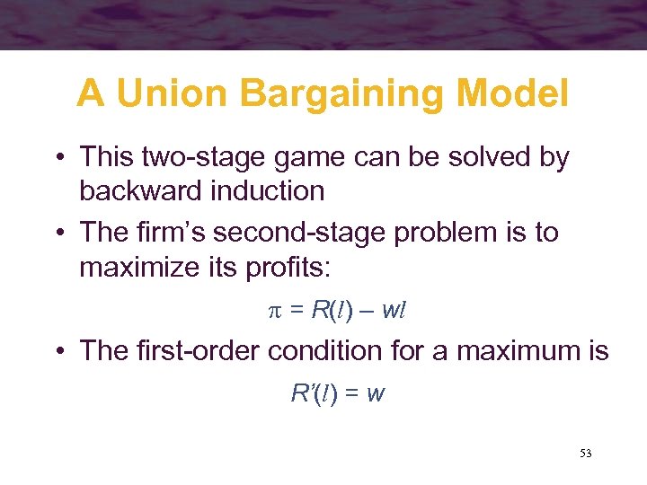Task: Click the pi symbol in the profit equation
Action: click(276, 311)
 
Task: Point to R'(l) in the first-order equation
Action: click(314, 392)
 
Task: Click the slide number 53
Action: click(585, 454)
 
